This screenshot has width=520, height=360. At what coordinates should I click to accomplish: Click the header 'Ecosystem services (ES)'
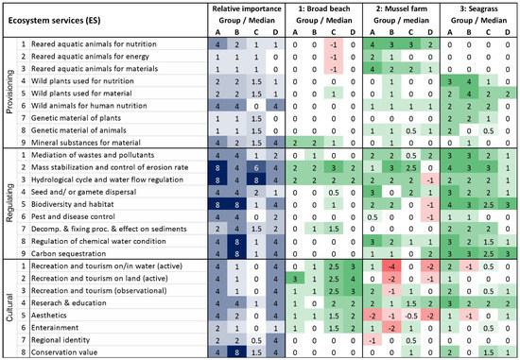coord(59,17)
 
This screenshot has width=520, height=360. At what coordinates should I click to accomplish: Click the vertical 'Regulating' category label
coord(9,197)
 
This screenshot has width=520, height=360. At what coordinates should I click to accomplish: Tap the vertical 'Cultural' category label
coord(9,303)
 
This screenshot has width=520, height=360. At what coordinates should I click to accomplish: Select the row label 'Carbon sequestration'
coord(79,253)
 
